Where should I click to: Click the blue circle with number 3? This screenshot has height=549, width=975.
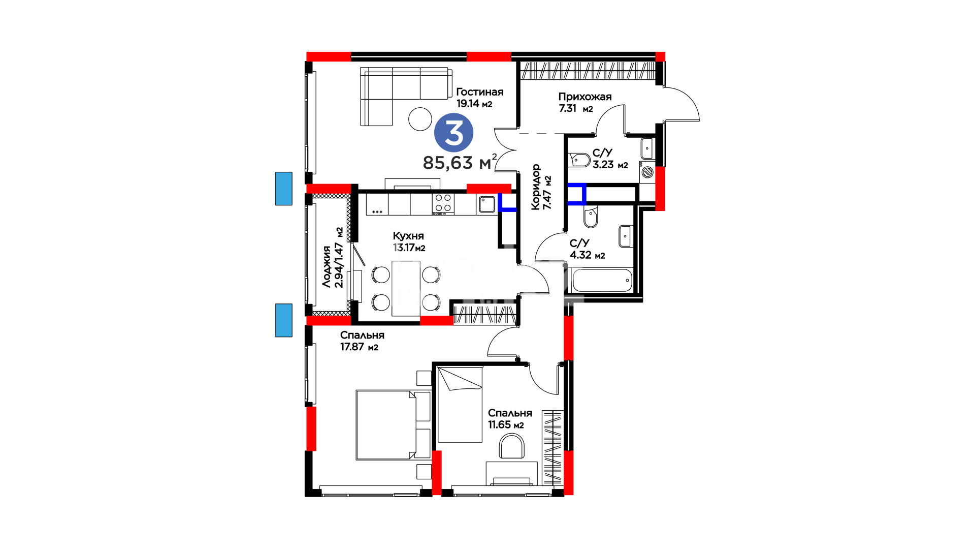[453, 133]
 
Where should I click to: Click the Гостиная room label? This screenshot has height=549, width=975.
[479, 92]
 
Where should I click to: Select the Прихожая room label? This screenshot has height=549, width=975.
[584, 97]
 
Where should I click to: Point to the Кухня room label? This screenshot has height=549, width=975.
[408, 236]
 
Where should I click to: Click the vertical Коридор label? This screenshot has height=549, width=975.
[536, 187]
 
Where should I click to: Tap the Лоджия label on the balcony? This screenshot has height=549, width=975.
[327, 266]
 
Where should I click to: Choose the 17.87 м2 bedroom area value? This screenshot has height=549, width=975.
[359, 347]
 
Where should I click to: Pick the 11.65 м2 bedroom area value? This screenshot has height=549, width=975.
[506, 425]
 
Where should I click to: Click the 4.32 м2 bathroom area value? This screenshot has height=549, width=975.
[587, 255]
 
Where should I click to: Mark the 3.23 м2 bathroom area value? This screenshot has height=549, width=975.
[610, 165]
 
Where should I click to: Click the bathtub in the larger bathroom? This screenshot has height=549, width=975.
[602, 280]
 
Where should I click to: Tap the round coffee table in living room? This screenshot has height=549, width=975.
[420, 119]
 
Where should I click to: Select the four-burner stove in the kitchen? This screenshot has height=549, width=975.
[443, 203]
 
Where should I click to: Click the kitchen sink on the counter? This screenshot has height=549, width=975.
[486, 204]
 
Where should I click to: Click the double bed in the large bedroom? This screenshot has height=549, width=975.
[386, 425]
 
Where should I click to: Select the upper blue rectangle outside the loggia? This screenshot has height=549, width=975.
[284, 189]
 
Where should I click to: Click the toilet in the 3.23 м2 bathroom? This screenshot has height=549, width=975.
[579, 160]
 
